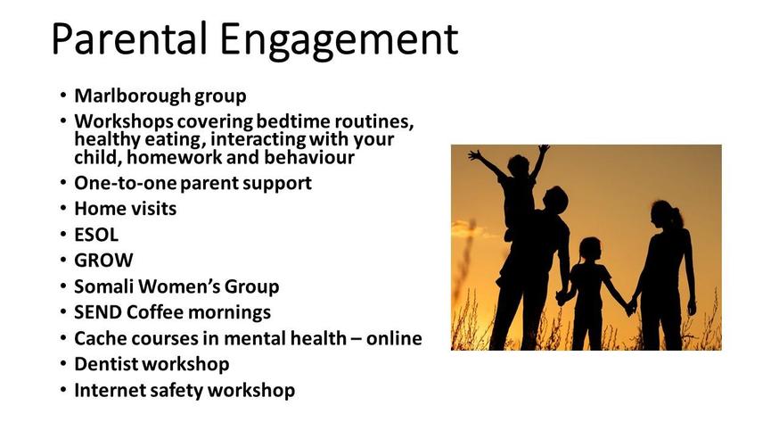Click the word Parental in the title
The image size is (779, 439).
129,38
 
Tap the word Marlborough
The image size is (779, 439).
132,95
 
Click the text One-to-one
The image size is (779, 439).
125,183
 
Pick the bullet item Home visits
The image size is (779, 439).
125,208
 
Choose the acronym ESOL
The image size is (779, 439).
96,235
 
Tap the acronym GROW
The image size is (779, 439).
103,260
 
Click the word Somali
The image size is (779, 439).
103,286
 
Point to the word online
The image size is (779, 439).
394,338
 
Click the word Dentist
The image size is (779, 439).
105,364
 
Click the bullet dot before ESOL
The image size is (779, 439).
63,235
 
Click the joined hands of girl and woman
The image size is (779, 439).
631,307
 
